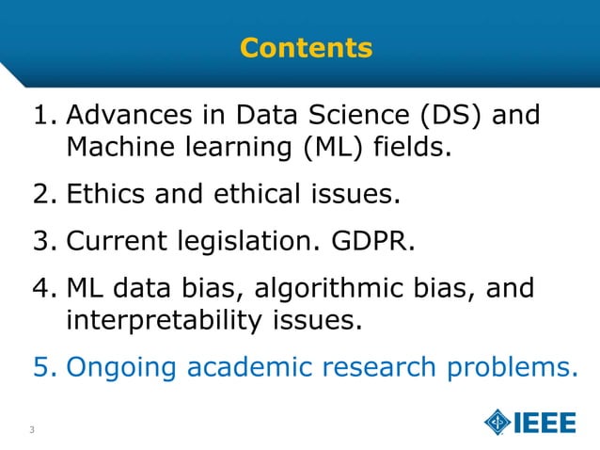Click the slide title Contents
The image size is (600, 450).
[306, 47]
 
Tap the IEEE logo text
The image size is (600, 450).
[545, 423]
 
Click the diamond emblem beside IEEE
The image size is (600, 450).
[497, 423]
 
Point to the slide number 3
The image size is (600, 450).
[32, 431]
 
